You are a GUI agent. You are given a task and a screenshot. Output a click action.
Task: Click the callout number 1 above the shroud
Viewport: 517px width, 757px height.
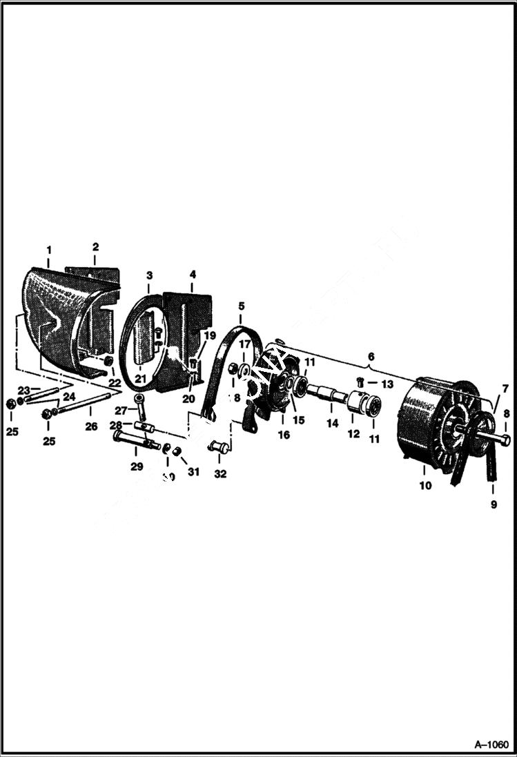point(49,249)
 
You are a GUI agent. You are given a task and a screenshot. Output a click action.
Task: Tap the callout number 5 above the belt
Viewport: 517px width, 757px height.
point(241,306)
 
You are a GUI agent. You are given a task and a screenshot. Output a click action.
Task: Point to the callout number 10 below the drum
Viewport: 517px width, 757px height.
point(425,486)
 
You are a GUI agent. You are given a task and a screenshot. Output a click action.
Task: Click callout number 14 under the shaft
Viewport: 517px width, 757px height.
point(333,424)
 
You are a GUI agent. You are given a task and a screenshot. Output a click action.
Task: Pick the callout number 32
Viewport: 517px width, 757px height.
point(220,474)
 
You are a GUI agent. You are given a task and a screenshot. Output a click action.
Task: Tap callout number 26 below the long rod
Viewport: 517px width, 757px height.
point(91,426)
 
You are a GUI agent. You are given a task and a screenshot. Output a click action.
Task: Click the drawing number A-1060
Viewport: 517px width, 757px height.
point(491,745)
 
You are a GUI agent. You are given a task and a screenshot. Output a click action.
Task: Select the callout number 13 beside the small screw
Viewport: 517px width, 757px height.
point(387,384)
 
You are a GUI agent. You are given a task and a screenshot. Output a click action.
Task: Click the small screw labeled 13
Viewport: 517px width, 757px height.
point(361,382)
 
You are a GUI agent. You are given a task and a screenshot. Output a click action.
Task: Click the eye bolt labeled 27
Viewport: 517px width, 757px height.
point(141,406)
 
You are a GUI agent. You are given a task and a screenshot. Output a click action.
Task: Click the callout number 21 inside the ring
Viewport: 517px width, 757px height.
point(142,378)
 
